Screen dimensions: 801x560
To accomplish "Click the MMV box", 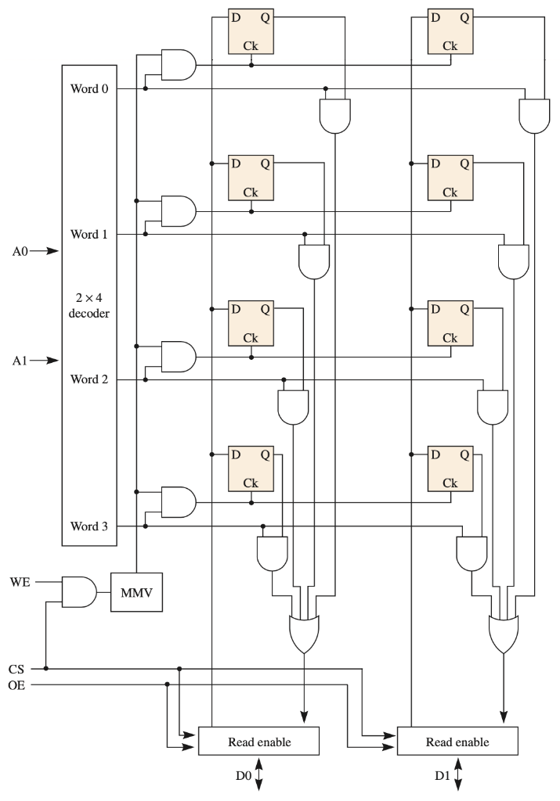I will [137, 592].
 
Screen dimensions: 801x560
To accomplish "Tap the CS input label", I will [16, 669].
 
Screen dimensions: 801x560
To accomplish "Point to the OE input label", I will [16, 684].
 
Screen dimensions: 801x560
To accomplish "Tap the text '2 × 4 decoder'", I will [89, 306].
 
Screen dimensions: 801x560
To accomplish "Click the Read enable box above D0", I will [259, 741].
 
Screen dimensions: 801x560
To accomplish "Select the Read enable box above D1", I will [458, 741].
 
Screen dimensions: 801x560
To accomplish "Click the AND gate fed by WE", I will [78, 592].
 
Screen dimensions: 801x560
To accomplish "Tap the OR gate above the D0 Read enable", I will [304, 631].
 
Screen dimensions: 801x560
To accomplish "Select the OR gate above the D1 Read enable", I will [503, 631].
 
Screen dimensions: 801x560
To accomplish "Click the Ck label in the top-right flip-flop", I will [450, 46].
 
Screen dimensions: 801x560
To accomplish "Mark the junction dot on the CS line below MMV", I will [46, 669].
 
